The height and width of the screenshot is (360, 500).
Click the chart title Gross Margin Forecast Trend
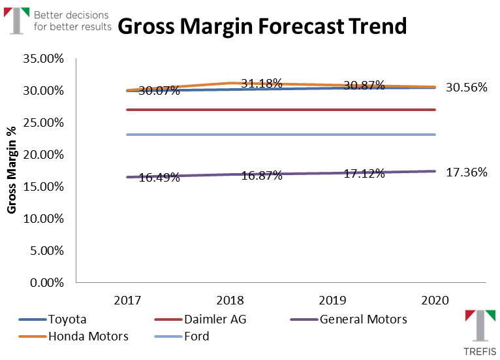point(262,26)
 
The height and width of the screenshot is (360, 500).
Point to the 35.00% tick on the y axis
point(43,59)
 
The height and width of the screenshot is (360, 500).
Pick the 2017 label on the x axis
point(127,301)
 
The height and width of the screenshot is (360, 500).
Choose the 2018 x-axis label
point(230,301)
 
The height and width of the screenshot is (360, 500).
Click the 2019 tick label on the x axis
point(334,301)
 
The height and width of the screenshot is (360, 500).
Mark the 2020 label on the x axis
point(436,301)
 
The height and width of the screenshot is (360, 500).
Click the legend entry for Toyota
point(67,319)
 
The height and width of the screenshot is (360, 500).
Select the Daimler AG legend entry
point(215,319)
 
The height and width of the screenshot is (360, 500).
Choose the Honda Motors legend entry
point(87,336)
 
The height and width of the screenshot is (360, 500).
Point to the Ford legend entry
point(196,336)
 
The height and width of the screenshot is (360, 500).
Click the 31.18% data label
point(261,84)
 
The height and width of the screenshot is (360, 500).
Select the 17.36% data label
point(466,172)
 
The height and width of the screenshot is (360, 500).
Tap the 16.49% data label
point(159,177)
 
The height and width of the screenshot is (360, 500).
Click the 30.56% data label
point(466,87)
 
